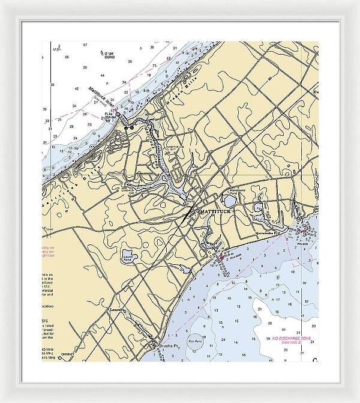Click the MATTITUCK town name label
(x=214, y=212)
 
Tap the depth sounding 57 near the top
(x=86, y=45)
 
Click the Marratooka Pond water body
(x=259, y=207)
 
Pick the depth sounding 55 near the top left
(x=67, y=57)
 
